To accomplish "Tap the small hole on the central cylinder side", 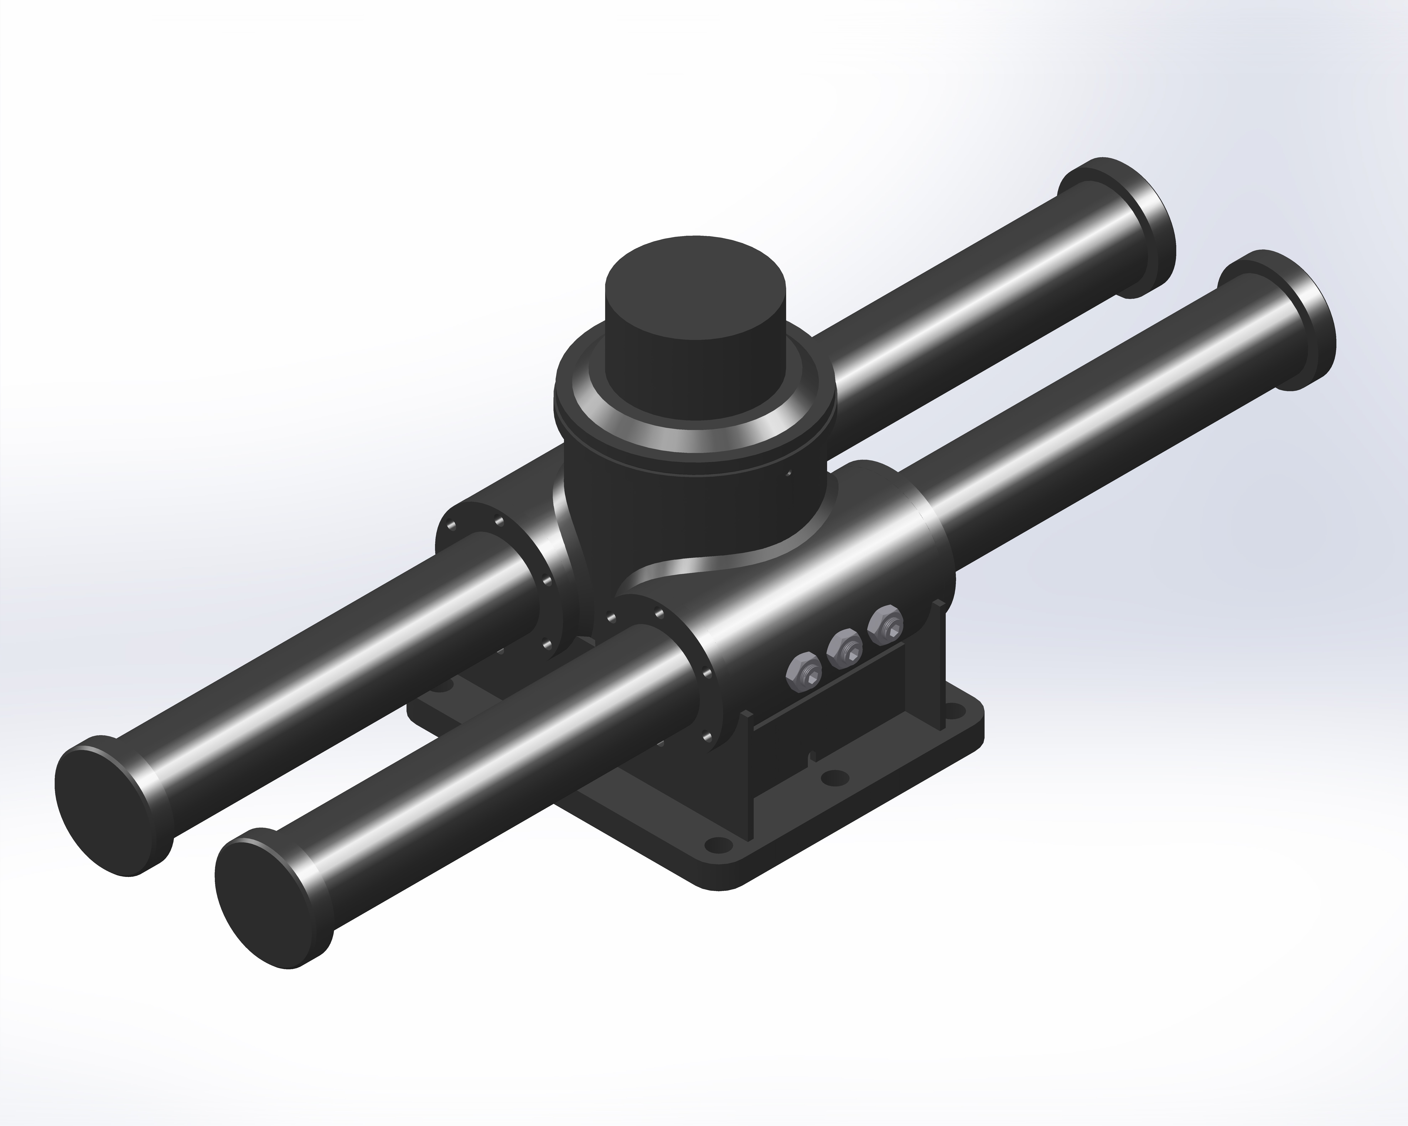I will pos(789,474).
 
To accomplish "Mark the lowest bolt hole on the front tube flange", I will pos(707,736).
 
